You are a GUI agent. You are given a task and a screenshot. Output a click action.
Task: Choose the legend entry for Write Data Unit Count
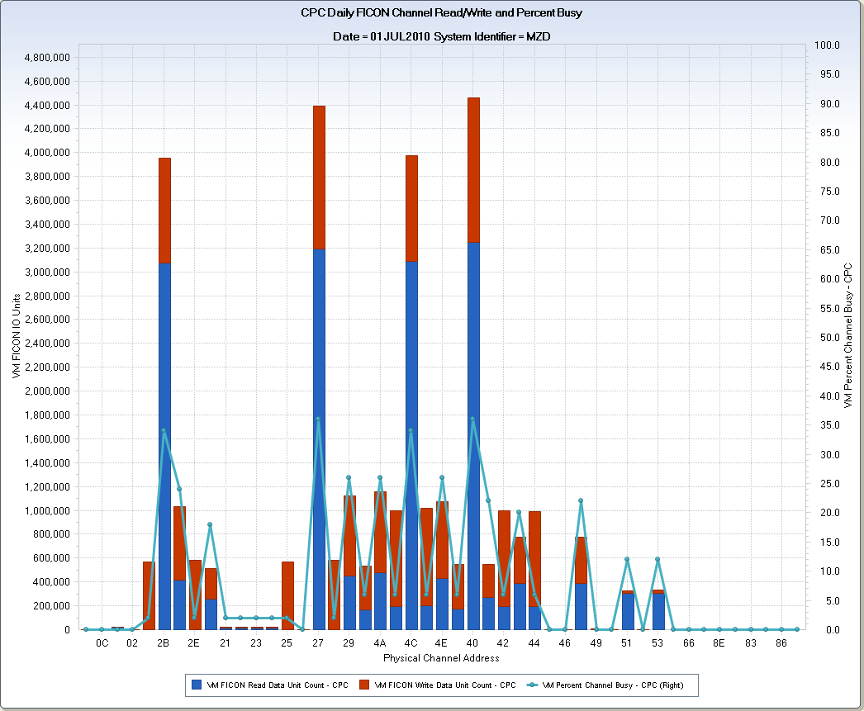click(x=446, y=685)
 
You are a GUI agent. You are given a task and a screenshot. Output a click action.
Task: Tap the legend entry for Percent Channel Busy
click(x=615, y=685)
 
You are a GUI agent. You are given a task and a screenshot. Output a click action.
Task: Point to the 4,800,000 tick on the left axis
click(x=46, y=58)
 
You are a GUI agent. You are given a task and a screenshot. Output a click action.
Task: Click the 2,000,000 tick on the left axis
click(x=46, y=391)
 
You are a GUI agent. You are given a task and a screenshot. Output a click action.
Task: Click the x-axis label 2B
click(x=164, y=642)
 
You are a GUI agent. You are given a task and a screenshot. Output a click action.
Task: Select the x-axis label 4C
click(x=411, y=642)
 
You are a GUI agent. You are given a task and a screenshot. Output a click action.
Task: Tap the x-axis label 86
click(x=781, y=642)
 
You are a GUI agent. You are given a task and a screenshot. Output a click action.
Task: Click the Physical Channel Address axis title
click(x=441, y=658)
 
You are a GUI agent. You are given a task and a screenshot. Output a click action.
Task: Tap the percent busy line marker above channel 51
click(x=627, y=560)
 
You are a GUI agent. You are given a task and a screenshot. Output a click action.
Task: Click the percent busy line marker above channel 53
click(x=657, y=560)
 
